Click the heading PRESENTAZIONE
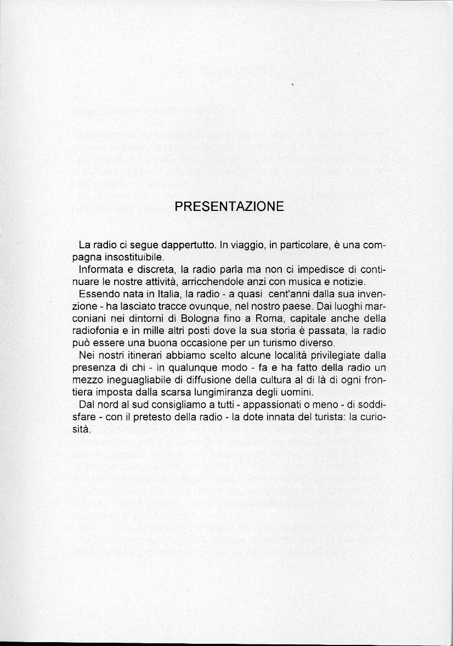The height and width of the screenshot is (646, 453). [229, 207]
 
